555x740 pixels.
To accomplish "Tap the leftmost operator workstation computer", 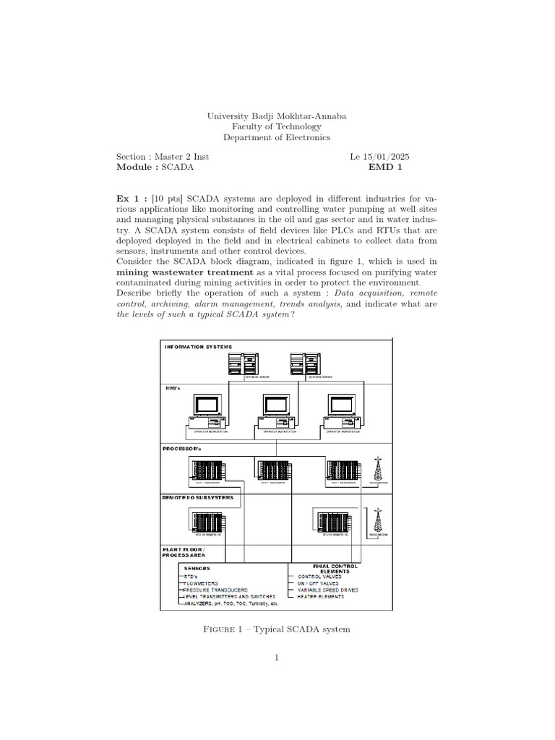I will [209, 413].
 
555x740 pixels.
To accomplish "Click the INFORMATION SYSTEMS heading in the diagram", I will [199, 347].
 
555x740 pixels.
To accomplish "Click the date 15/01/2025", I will [388, 156].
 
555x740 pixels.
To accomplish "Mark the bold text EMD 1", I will [384, 167].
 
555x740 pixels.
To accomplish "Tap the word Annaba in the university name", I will [327, 116].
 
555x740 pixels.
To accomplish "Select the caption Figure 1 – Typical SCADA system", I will [277, 629].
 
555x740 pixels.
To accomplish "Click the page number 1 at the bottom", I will [277, 658].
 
